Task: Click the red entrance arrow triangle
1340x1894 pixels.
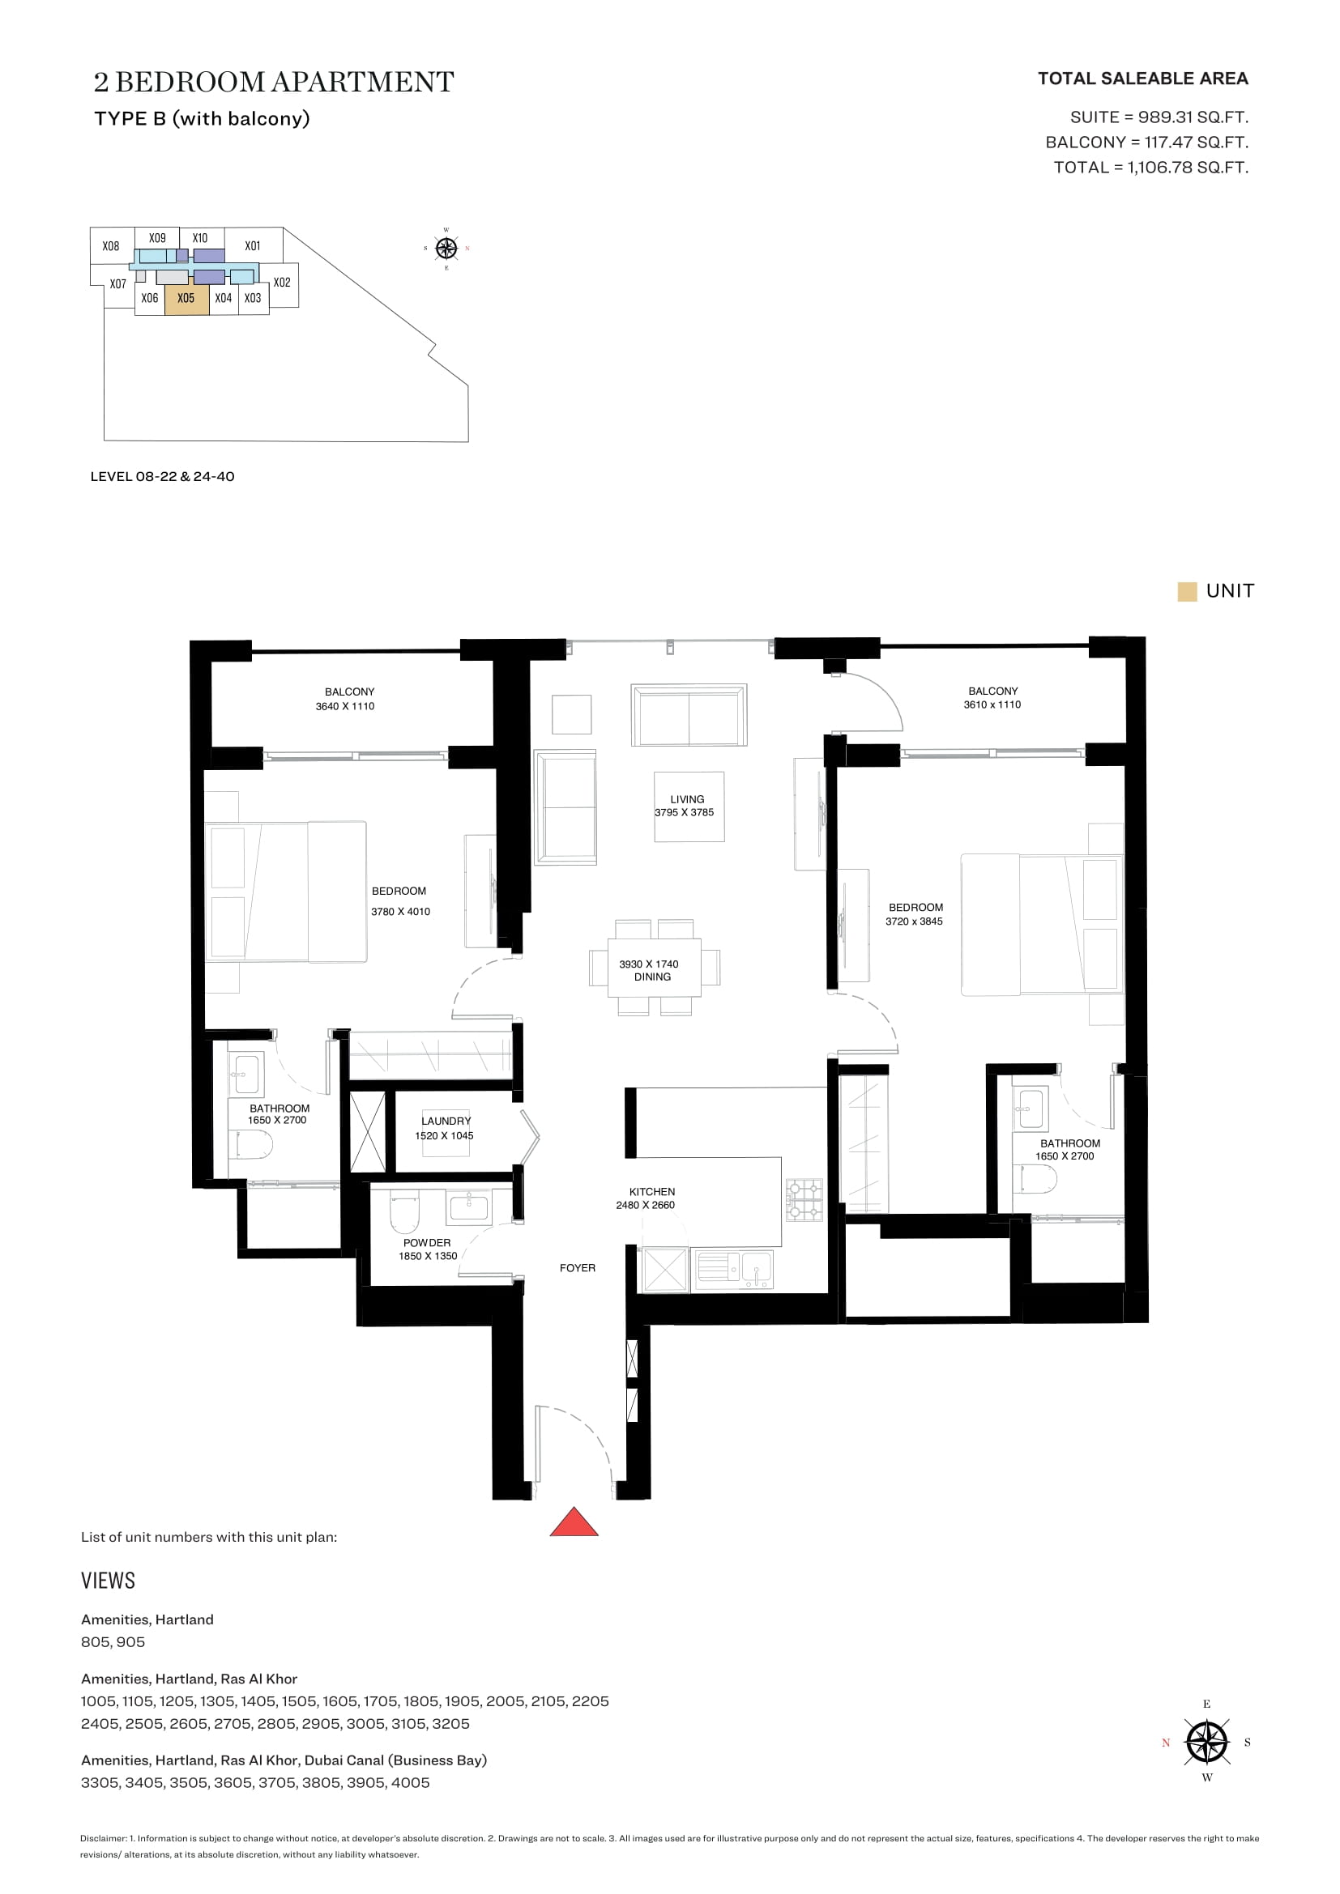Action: tap(574, 1522)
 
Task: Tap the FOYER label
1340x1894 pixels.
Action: tap(578, 1268)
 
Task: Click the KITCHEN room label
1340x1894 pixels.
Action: tap(652, 1191)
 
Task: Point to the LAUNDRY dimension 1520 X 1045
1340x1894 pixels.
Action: tap(444, 1136)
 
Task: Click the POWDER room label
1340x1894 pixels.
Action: tap(428, 1242)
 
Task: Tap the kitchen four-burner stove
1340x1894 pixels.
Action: tap(804, 1200)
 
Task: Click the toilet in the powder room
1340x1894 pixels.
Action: tap(405, 1211)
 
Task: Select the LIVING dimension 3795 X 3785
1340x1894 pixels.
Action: tap(684, 812)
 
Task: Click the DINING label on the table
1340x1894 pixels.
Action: tap(653, 977)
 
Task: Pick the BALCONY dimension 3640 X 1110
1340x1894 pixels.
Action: tap(345, 706)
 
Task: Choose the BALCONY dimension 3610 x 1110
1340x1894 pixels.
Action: tap(992, 704)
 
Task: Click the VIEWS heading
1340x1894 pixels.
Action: tap(108, 1581)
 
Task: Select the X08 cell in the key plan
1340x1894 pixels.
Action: tap(110, 246)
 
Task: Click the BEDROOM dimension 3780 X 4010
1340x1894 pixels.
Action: tap(400, 912)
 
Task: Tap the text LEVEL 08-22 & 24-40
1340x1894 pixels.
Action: tap(163, 476)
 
